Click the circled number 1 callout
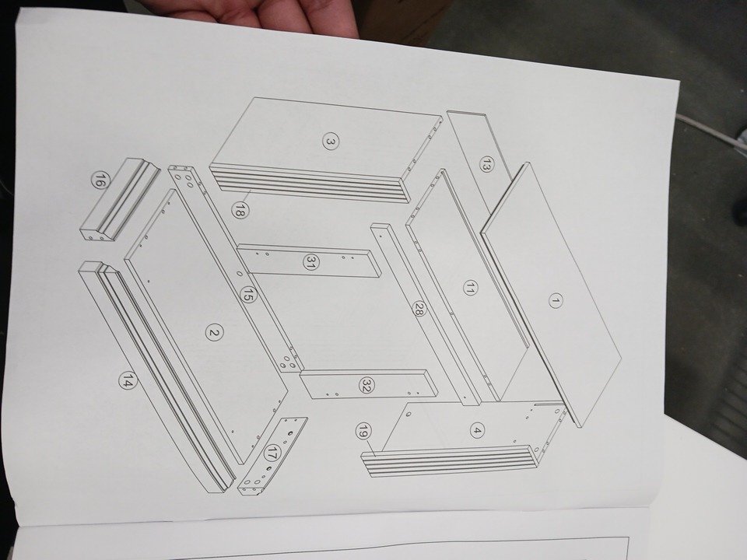tap(555, 301)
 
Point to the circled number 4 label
tap(476, 431)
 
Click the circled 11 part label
tap(470, 288)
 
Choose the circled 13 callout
tap(486, 164)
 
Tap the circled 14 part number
tap(128, 380)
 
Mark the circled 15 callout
tap(247, 294)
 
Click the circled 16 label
tap(99, 181)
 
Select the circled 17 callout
tap(271, 453)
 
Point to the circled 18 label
tap(239, 210)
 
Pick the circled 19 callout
tap(364, 432)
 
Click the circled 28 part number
tap(419, 310)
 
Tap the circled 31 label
tap(311, 262)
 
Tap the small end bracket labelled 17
tap(272, 456)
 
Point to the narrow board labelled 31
tap(309, 261)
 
